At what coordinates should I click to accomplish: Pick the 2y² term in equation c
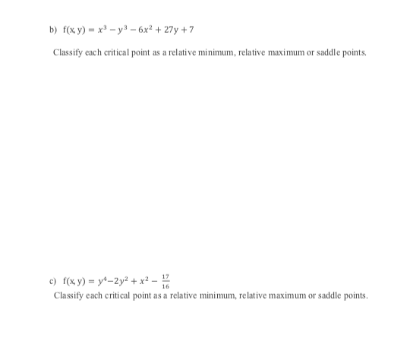tap(125, 283)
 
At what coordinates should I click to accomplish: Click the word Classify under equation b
tap(68, 52)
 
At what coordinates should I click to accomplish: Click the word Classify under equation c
tap(68, 294)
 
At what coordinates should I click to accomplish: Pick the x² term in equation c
tap(147, 283)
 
